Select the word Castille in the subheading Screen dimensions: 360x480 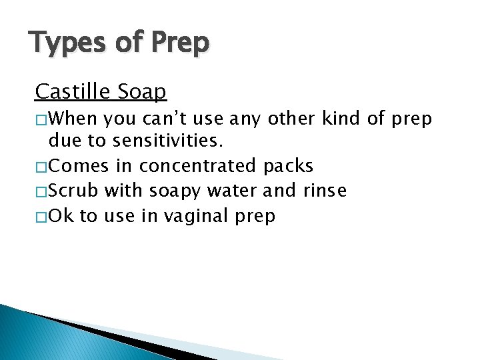click(x=73, y=91)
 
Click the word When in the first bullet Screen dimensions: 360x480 click(x=74, y=119)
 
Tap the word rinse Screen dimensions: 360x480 click(x=324, y=191)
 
